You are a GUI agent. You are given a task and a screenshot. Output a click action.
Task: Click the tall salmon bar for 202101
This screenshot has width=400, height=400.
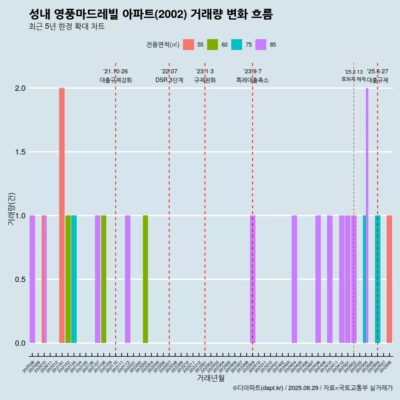click(x=62, y=215)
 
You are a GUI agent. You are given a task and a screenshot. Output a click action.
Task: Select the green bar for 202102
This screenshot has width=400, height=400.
click(x=68, y=279)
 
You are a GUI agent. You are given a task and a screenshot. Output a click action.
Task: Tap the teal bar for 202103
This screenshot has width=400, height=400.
click(x=74, y=279)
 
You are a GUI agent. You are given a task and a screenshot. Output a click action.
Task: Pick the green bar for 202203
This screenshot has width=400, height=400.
click(x=145, y=279)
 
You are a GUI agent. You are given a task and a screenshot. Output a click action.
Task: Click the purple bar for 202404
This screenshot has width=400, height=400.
click(x=294, y=279)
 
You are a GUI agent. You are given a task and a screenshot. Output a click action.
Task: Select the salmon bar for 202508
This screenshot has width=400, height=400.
click(x=389, y=279)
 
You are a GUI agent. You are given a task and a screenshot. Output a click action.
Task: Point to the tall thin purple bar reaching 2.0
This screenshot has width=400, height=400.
click(x=367, y=215)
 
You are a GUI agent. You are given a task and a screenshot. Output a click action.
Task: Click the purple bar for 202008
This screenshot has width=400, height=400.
click(x=32, y=279)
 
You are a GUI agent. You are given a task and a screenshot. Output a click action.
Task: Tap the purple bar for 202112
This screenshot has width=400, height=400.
click(x=127, y=279)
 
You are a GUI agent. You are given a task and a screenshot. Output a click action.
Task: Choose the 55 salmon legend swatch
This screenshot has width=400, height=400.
click(x=189, y=45)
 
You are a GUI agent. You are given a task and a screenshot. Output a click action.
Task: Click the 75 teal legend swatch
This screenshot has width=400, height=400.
click(x=237, y=45)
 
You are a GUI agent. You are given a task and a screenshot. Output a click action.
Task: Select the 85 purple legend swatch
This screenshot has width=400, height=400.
click(x=261, y=45)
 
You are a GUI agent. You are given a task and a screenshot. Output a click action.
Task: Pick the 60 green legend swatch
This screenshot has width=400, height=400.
click(x=212, y=45)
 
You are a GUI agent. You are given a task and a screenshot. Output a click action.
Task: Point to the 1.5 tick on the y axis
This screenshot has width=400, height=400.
click(x=20, y=152)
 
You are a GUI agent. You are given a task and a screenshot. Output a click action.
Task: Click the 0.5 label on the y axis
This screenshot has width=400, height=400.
click(x=20, y=280)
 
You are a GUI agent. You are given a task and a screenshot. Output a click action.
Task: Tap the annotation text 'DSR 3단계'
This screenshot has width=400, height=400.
click(x=169, y=80)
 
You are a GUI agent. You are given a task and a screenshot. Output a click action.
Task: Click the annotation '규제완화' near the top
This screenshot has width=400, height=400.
click(x=205, y=80)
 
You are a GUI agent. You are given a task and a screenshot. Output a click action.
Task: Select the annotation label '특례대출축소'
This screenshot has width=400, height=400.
click(x=252, y=80)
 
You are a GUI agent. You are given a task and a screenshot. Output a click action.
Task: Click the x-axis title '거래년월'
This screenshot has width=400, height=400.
click(x=210, y=378)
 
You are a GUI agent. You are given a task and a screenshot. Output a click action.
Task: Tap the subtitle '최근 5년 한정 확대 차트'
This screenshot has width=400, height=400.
click(x=67, y=27)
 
